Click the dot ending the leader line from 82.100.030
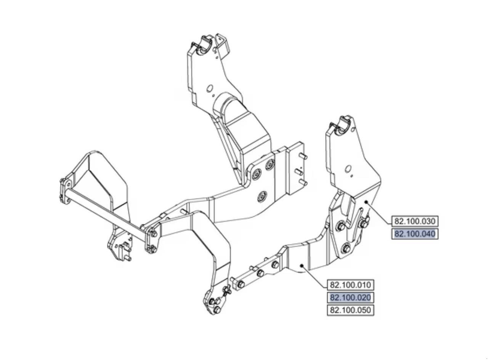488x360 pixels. point(366,202)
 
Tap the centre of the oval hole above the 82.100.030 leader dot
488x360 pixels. point(348,170)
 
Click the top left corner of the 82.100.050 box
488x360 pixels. point(327,305)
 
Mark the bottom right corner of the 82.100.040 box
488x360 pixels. point(438,239)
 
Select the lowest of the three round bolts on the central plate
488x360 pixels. point(262,196)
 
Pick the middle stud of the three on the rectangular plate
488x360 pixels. point(299,172)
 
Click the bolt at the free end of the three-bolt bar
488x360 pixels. point(241,284)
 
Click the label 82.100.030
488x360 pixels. point(415,221)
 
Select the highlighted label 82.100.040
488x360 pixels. point(415,234)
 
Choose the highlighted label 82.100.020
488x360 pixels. point(350,298)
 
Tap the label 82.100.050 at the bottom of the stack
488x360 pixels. point(350,310)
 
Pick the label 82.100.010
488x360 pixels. point(350,285)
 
